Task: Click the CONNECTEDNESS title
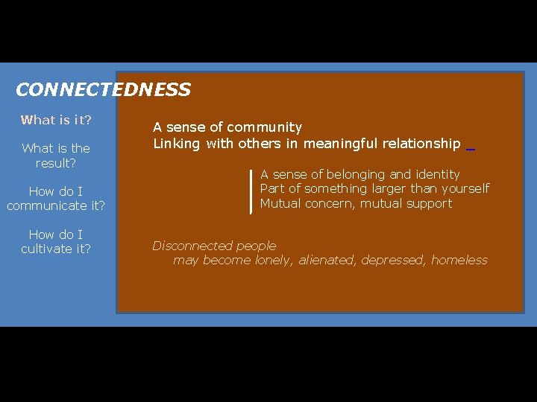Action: click(103, 90)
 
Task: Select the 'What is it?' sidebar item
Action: click(56, 120)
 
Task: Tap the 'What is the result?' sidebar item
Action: click(56, 156)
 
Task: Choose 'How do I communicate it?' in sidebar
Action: click(56, 199)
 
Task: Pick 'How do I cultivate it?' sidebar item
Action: click(56, 242)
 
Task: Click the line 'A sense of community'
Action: click(227, 128)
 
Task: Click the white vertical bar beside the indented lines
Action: click(252, 191)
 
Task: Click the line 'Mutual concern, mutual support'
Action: click(356, 203)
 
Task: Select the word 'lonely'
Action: click(273, 261)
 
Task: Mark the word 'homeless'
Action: click(459, 261)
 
